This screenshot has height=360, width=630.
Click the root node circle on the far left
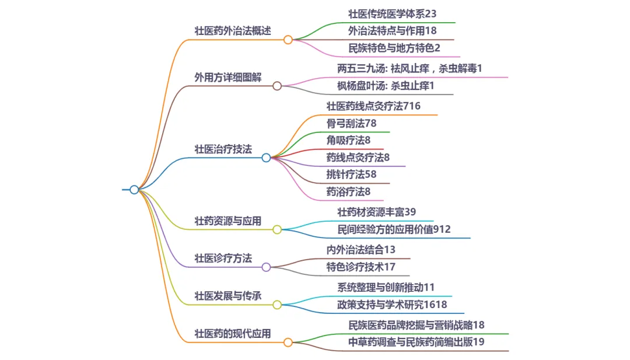pyautogui.click(x=134, y=190)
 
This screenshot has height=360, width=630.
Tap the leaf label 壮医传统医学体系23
pyautogui.click(x=392, y=13)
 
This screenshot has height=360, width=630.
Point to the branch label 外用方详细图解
pyautogui.click(x=228, y=77)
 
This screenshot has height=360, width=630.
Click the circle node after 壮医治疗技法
pyautogui.click(x=266, y=158)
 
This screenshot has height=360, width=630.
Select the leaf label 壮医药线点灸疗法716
pyautogui.click(x=373, y=106)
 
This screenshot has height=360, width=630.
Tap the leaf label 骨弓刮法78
pyautogui.click(x=352, y=123)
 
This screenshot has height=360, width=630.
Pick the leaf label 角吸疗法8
pyautogui.click(x=349, y=140)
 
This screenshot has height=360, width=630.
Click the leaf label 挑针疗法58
pyautogui.click(x=352, y=174)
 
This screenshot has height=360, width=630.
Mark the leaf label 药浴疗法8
pyautogui.click(x=349, y=191)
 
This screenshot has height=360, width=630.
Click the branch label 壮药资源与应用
pyautogui.click(x=228, y=221)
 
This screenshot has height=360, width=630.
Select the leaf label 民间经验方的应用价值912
pyautogui.click(x=394, y=229)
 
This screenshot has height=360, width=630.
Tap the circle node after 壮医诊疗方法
pyautogui.click(x=266, y=267)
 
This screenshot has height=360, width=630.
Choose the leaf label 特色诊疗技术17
pyautogui.click(x=361, y=267)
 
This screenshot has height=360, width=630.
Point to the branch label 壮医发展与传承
pyautogui.click(x=228, y=296)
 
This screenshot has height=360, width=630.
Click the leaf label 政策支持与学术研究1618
pyautogui.click(x=392, y=305)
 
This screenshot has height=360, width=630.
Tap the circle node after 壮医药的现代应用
pyautogui.click(x=288, y=342)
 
